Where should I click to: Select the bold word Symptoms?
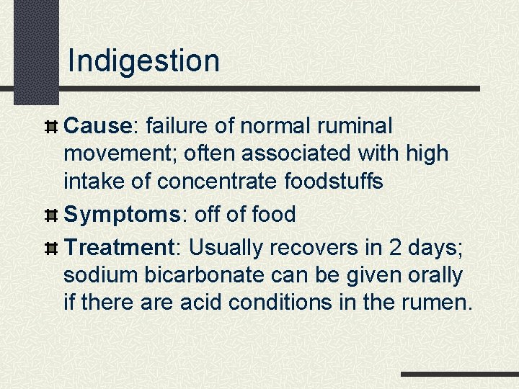[119, 214]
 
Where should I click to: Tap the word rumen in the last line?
[437, 302]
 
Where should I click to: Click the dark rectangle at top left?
[36, 50]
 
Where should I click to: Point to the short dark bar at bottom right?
[459, 375]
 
